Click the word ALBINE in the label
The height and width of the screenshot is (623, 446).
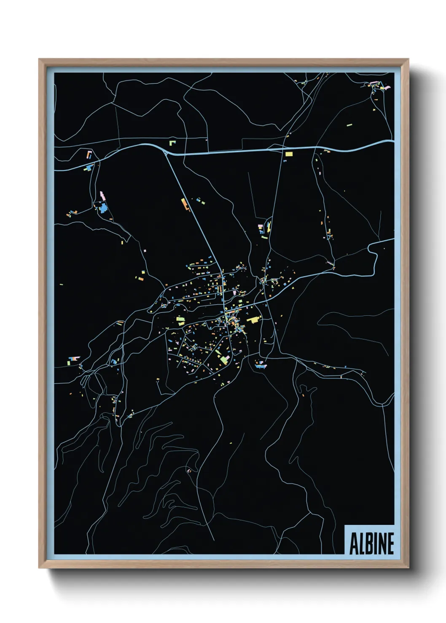371,543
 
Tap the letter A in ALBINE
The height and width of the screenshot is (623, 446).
353,543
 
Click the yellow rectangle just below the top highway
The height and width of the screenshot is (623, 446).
289,154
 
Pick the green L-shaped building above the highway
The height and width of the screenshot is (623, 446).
172,143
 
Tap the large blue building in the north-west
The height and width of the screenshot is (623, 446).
102,208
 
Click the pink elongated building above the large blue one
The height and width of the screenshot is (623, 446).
102,196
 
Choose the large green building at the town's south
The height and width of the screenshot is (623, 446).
223,359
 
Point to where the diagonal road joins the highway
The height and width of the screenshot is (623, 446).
168,154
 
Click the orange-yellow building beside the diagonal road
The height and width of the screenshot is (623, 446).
184,204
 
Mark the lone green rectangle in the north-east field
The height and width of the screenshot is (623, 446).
349,125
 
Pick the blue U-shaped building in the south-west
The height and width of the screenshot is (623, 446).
114,361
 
